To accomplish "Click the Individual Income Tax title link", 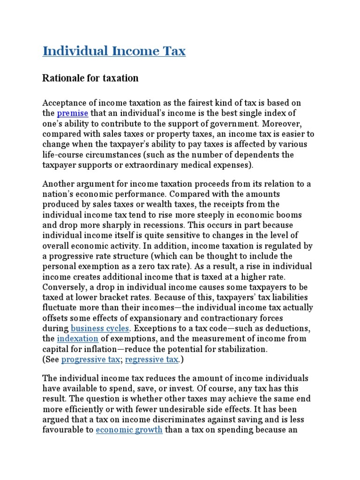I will tap(114, 51).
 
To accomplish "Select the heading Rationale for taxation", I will tap(90, 78).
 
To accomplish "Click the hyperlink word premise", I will tap(72, 113).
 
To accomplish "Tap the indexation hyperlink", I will tap(77, 338).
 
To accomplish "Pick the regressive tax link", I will tap(151, 360).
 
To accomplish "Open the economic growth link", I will tap(129, 430).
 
